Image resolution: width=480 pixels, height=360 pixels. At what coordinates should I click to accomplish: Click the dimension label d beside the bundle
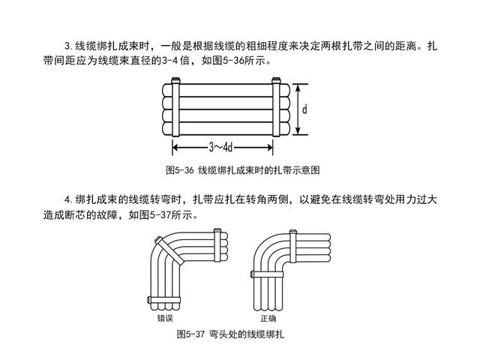click(x=305, y=109)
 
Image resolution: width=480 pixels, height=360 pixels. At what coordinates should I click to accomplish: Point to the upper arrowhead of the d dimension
click(x=298, y=85)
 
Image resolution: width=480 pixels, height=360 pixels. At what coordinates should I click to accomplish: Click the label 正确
click(x=268, y=318)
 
